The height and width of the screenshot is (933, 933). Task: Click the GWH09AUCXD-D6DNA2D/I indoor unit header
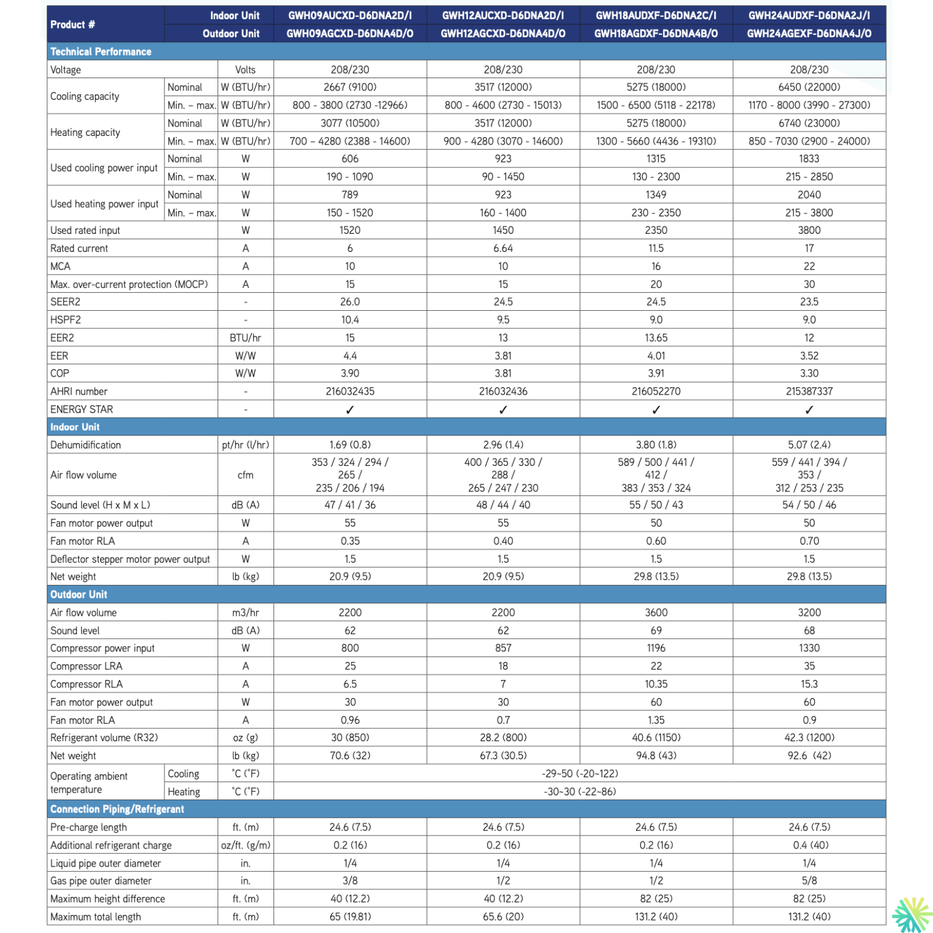point(350,16)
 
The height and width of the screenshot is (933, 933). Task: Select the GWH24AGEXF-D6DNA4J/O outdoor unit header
point(809,34)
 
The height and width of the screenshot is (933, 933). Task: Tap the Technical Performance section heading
point(101,52)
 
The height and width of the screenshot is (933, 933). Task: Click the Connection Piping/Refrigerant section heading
point(117,809)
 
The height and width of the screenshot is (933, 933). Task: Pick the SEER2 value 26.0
point(350,302)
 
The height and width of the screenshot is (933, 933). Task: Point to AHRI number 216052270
point(656,391)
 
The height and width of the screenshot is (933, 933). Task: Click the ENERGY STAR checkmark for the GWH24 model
point(809,410)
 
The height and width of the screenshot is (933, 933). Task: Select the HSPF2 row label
point(66,320)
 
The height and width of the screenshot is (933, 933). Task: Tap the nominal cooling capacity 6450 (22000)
point(809,87)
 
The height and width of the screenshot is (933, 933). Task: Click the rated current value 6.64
point(503,248)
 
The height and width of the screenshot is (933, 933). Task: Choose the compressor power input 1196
point(656,648)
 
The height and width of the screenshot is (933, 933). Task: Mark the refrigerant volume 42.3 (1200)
point(809,738)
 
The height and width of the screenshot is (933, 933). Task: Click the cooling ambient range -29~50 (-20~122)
point(580,774)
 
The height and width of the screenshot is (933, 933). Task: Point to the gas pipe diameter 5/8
point(809,881)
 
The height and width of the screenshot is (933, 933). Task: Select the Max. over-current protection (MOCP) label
point(129,285)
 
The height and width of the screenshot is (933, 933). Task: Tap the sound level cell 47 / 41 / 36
point(350,505)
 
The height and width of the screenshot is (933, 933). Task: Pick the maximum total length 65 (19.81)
point(350,917)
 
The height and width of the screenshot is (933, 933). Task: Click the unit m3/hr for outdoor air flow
point(245,613)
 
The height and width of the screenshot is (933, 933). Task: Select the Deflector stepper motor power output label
point(130,559)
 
